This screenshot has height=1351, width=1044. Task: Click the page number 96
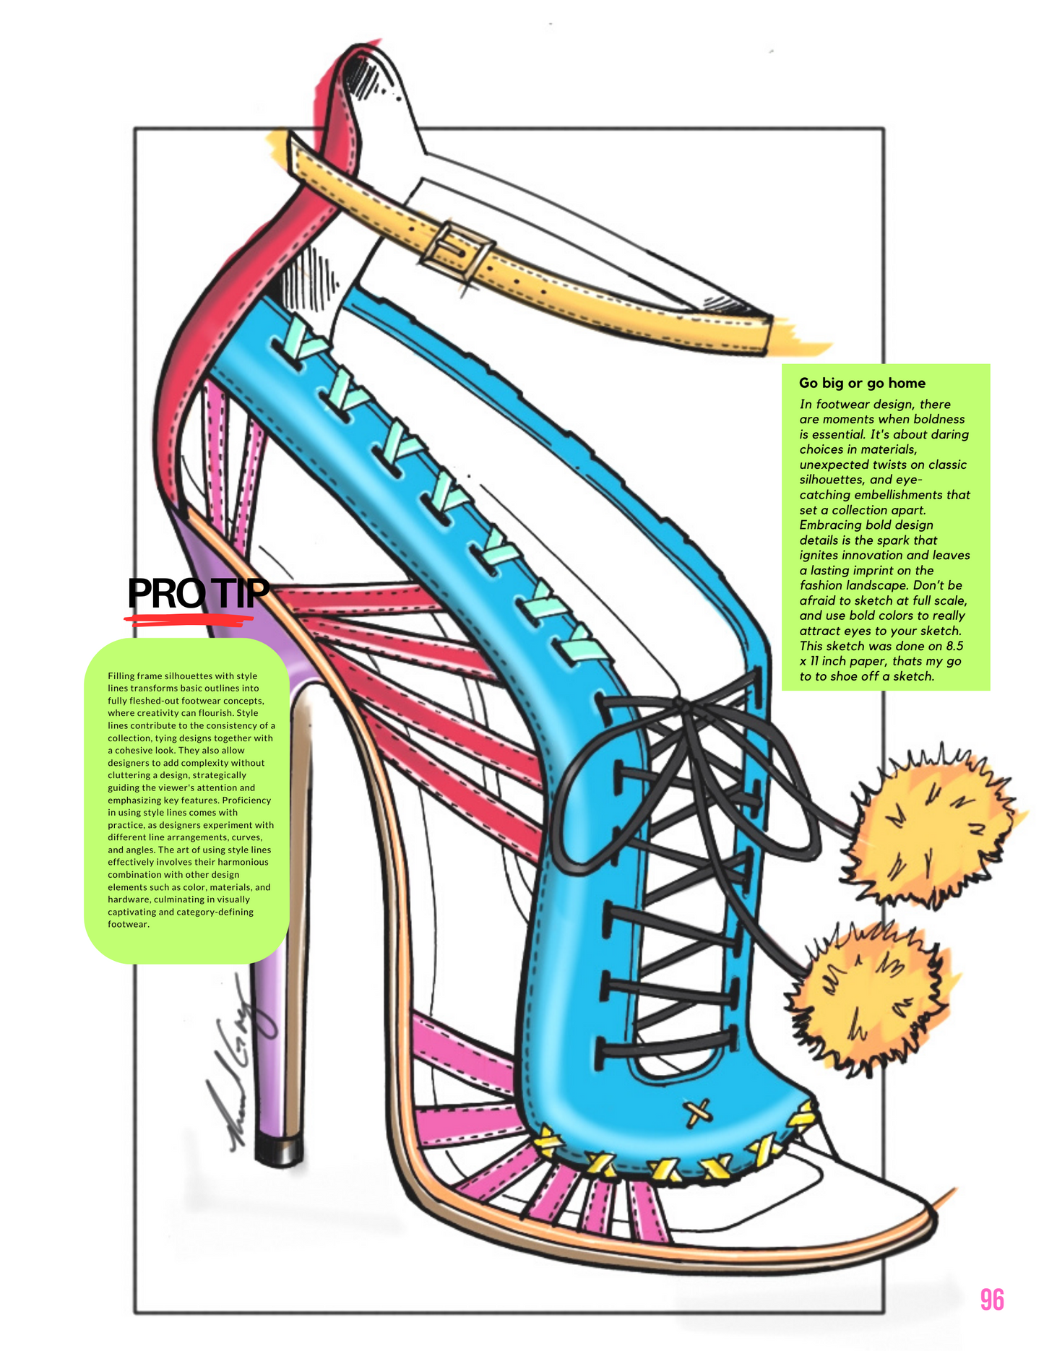[992, 1299]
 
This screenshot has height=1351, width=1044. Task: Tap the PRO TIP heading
[198, 593]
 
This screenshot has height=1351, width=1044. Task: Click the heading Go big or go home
[862, 383]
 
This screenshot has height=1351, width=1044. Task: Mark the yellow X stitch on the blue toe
[697, 1112]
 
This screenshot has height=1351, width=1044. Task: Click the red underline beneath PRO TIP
[189, 619]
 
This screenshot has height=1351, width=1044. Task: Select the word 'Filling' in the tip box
[121, 676]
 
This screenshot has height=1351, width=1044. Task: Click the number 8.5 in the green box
[954, 646]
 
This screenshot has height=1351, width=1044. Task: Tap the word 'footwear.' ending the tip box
[129, 924]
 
